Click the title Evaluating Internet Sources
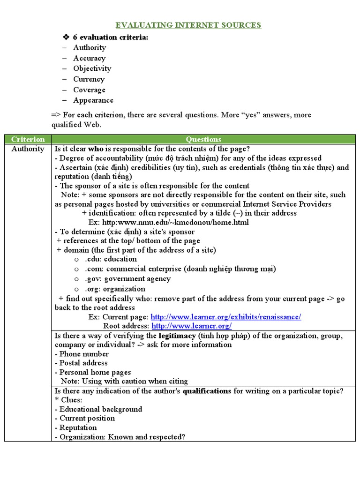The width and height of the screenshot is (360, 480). pyautogui.click(x=188, y=25)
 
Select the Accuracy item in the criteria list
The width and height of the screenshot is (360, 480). pyautogui.click(x=89, y=58)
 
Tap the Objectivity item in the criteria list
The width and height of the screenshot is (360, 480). pyautogui.click(x=92, y=68)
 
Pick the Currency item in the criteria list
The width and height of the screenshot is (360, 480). pyautogui.click(x=89, y=79)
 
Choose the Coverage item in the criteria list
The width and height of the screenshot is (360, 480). pyautogui.click(x=89, y=90)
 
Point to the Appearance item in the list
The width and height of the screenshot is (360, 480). pyautogui.click(x=93, y=100)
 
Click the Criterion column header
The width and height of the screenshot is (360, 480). pyautogui.click(x=28, y=139)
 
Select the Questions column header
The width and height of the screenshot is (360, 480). pyautogui.click(x=203, y=139)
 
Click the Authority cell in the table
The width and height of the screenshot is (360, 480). pyautogui.click(x=28, y=149)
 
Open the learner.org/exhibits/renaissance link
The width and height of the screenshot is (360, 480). pyautogui.click(x=226, y=317)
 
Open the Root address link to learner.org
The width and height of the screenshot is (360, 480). pyautogui.click(x=192, y=326)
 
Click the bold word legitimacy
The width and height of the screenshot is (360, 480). pyautogui.click(x=177, y=336)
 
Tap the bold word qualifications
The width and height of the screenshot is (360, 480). pyautogui.click(x=207, y=391)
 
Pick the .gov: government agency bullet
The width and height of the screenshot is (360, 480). pyautogui.click(x=127, y=279)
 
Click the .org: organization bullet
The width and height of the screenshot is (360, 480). pyautogui.click(x=115, y=289)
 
